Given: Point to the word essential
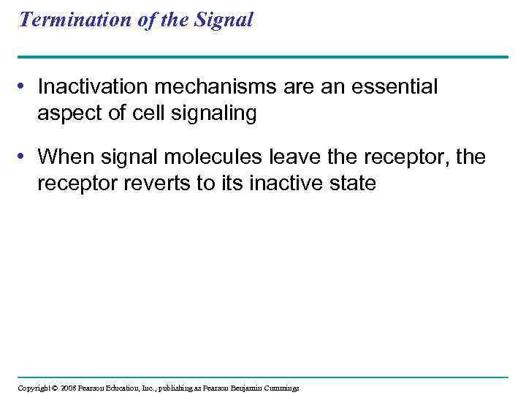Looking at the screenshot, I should click(x=394, y=88).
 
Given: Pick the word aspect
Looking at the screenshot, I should click(x=68, y=114).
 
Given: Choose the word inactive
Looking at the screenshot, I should click(x=285, y=184).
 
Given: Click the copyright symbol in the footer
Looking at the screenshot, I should click(x=53, y=388).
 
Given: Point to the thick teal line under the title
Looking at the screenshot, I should click(x=263, y=56).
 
